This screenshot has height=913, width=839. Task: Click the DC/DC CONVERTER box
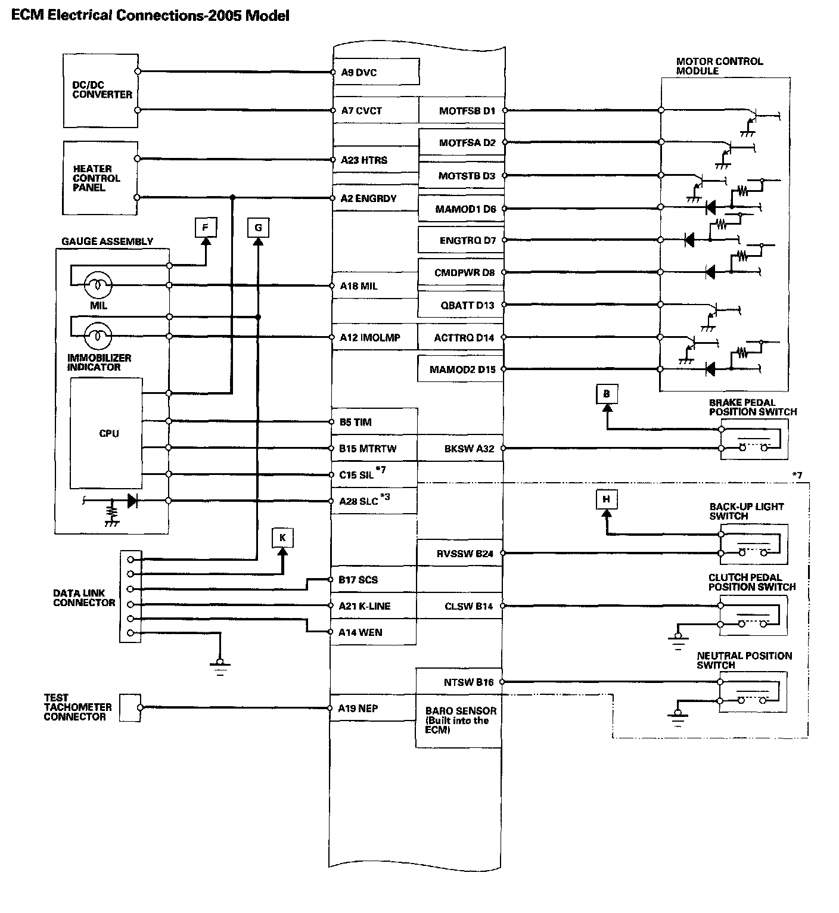[x=100, y=91]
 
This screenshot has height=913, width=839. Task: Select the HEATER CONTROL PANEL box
[x=100, y=178]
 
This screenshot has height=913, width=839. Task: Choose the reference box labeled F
[x=206, y=227]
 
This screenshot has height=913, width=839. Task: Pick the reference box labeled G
[x=258, y=227]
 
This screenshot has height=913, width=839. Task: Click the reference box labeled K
[x=282, y=538]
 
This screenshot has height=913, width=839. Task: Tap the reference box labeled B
[x=607, y=393]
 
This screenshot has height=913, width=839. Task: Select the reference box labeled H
[x=606, y=499]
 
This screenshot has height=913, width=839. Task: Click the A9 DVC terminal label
[x=359, y=73]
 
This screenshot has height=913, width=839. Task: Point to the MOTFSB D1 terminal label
[x=467, y=111]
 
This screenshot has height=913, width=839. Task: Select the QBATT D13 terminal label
[x=467, y=305]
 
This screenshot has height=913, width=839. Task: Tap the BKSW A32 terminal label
[x=469, y=449]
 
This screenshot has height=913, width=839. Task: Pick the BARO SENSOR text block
[x=459, y=720]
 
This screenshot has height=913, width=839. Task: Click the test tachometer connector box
[x=130, y=707]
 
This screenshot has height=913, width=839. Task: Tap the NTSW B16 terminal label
[x=468, y=682]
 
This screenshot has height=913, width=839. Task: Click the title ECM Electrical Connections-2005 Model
[x=150, y=15]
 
